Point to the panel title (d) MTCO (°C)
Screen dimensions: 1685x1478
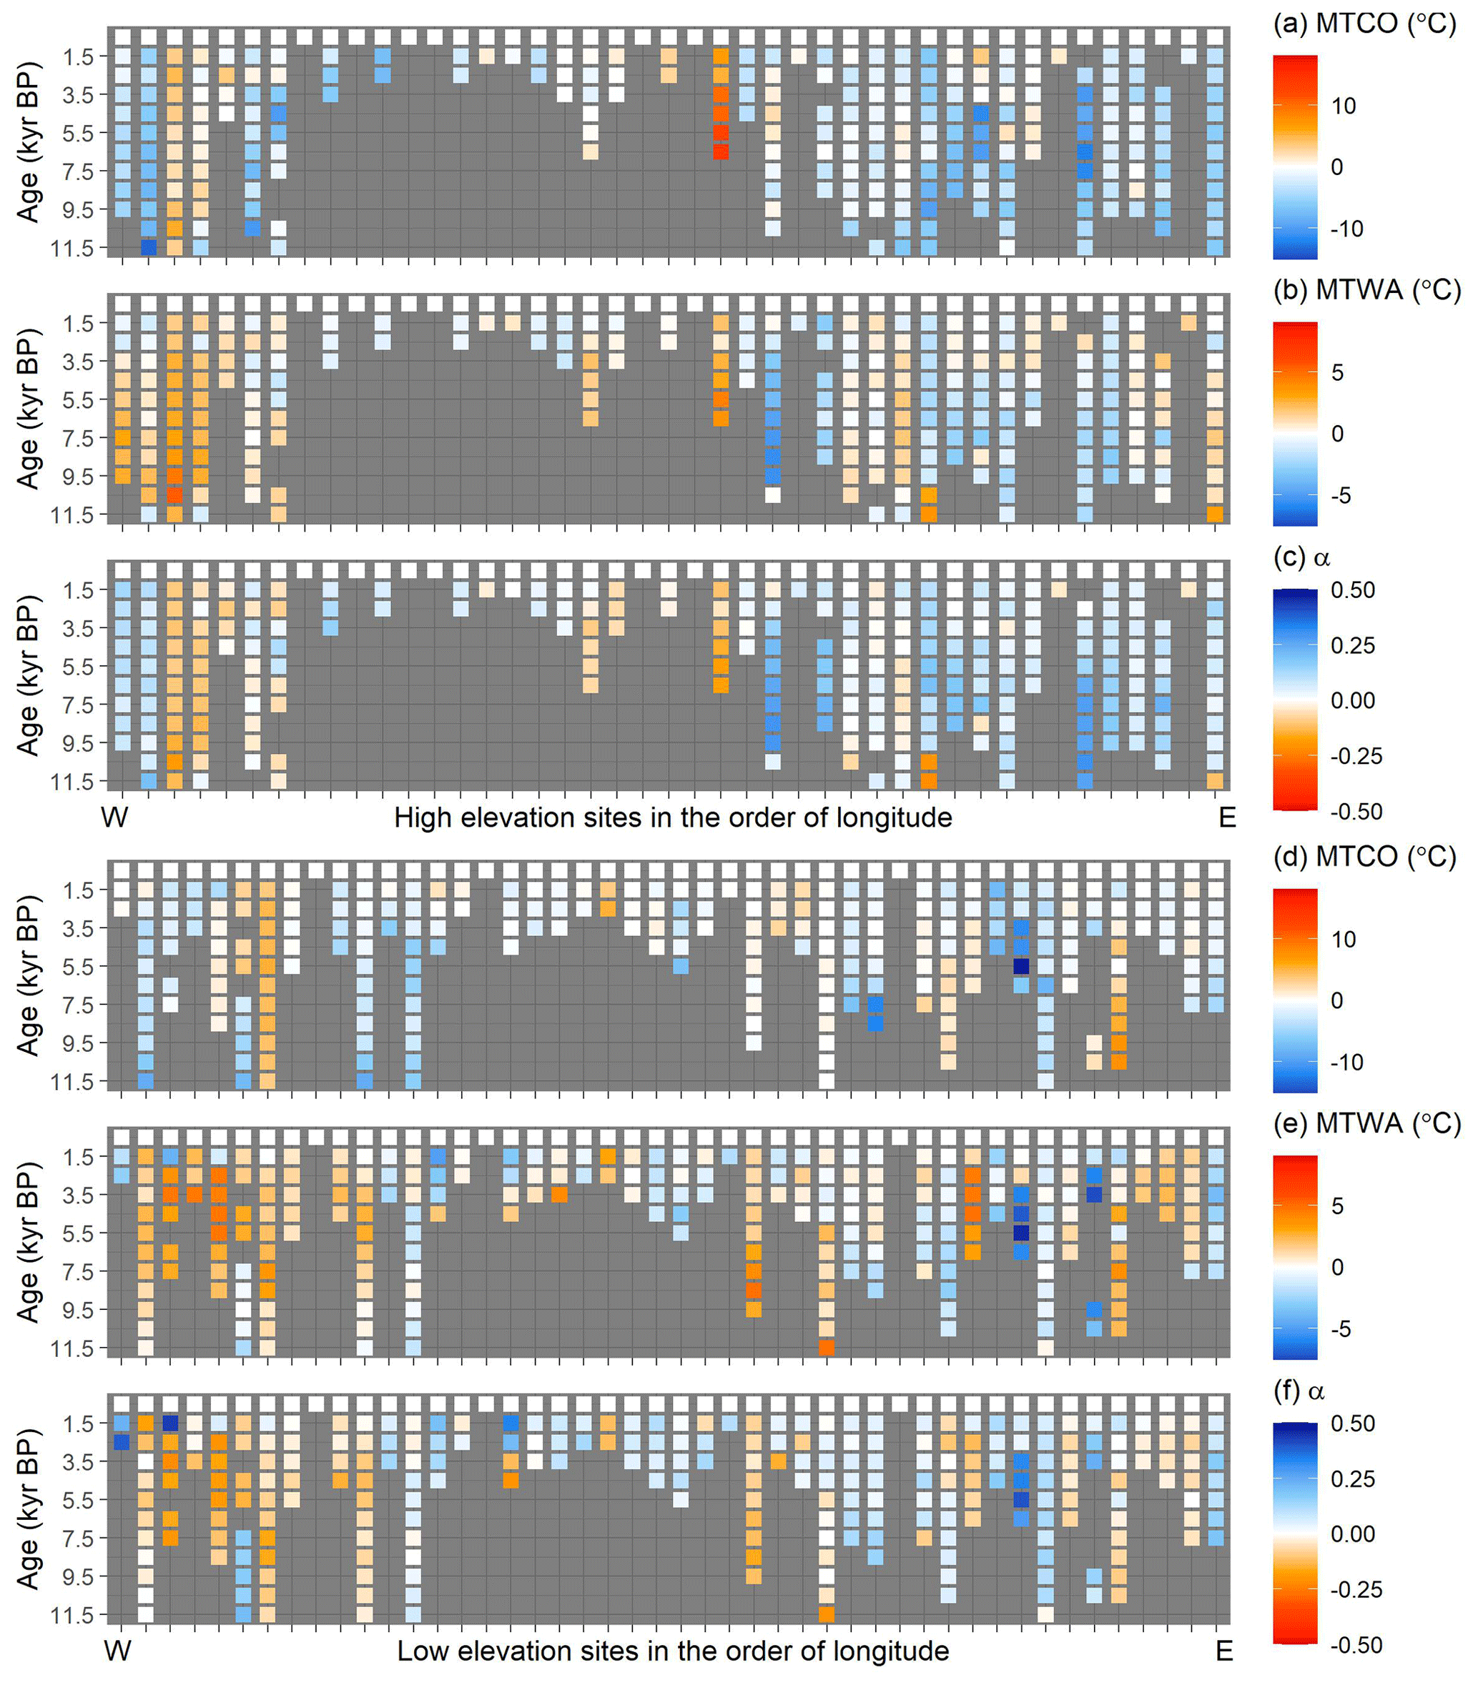coord(1365,858)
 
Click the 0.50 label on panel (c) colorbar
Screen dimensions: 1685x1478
coord(1353,590)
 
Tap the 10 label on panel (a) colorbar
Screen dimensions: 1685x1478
coord(1344,106)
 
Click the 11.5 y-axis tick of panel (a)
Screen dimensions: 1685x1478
coord(76,248)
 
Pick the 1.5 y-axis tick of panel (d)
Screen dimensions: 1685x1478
coord(81,890)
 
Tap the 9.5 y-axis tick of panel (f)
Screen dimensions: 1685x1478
coord(81,1576)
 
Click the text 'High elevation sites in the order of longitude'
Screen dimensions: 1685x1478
coord(672,817)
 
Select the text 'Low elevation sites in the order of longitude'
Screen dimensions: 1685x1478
coord(672,1651)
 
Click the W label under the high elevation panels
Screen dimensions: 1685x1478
coord(114,817)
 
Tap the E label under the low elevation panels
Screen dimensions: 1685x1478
coord(1224,1651)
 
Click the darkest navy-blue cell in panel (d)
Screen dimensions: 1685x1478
coord(1021,965)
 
